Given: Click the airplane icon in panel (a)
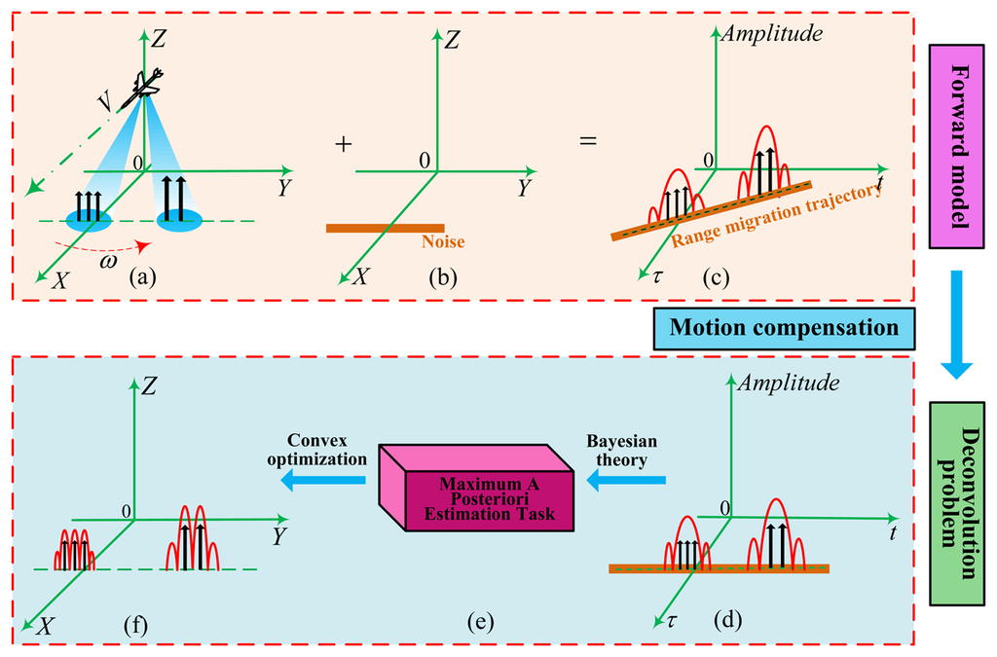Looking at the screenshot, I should pyautogui.click(x=147, y=84).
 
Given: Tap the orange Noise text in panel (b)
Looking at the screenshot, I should pyautogui.click(x=443, y=242).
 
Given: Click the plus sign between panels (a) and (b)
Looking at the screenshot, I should pyautogui.click(x=342, y=143).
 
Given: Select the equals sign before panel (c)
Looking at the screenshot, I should pyautogui.click(x=588, y=142).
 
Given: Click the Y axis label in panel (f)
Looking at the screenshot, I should pyautogui.click(x=279, y=536).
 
